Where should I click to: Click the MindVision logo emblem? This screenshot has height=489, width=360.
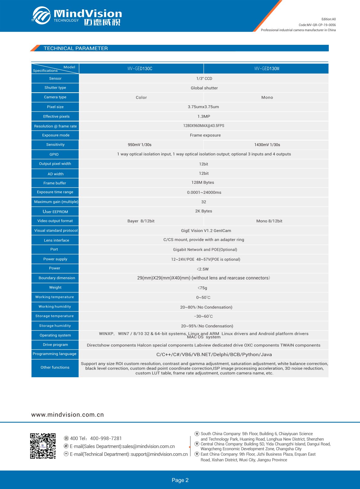tap(41, 15)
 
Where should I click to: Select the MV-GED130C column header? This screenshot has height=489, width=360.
tap(140, 69)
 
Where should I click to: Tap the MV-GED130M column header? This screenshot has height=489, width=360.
tap(267, 69)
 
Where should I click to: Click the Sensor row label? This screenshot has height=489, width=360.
tap(55, 78)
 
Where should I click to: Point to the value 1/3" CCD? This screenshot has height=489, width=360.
tap(204, 78)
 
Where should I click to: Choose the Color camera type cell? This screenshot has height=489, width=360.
tap(141, 97)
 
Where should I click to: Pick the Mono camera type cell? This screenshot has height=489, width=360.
tap(267, 97)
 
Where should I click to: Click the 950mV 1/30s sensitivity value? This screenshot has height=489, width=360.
tap(139, 145)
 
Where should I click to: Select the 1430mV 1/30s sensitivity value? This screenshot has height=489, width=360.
tap(267, 145)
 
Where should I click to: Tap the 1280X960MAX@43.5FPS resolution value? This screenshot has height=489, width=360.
tap(204, 126)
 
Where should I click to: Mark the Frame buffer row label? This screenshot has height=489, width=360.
tap(55, 183)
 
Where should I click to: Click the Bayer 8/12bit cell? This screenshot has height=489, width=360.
tap(141, 221)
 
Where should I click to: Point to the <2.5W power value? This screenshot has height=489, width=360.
tap(203, 269)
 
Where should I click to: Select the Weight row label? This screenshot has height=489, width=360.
tap(55, 287)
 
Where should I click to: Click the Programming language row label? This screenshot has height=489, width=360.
tap(54, 354)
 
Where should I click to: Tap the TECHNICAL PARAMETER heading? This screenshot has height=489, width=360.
tap(76, 48)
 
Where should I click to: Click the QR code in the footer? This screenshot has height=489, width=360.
tap(43, 446)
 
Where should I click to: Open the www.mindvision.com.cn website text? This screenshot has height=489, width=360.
tap(67, 415)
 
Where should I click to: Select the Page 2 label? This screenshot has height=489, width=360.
tap(180, 480)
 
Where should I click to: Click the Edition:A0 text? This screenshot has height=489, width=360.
tap(329, 19)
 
